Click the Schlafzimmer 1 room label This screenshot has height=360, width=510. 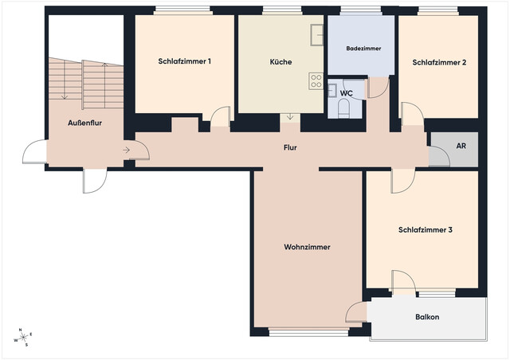coord(184,61)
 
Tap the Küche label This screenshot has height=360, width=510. coord(280,61)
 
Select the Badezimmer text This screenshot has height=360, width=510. coord(363,49)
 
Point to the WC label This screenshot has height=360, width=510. coord(346,93)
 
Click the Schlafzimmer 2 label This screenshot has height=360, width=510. coord(439,61)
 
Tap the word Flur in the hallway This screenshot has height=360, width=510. coord(290,148)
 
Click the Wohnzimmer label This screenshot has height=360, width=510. coord(307,247)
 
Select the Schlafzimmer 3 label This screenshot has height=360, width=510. coord(426,230)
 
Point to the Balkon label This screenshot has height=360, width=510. coord(427,317)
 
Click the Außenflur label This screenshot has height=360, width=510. coord(84,123)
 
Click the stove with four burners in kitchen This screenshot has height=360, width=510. coord(316,80)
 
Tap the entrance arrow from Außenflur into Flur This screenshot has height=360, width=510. coord(127,149)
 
